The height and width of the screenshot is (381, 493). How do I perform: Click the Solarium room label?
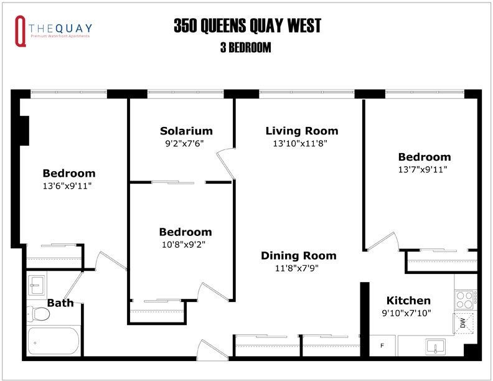pos(186,131)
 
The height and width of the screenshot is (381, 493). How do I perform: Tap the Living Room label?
pos(302,131)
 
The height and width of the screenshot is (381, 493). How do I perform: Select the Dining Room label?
pos(298,255)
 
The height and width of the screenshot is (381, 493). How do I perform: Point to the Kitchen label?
pos(408,301)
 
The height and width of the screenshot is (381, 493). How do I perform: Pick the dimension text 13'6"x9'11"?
pos(68,186)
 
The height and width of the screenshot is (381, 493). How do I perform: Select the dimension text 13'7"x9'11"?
pos(424,169)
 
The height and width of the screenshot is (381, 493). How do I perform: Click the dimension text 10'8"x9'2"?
pos(185,244)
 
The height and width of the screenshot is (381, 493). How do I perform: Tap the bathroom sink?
pos(37,285)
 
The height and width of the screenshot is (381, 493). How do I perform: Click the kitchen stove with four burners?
pos(464,299)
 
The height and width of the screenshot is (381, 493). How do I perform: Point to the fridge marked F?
pos(382,345)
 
